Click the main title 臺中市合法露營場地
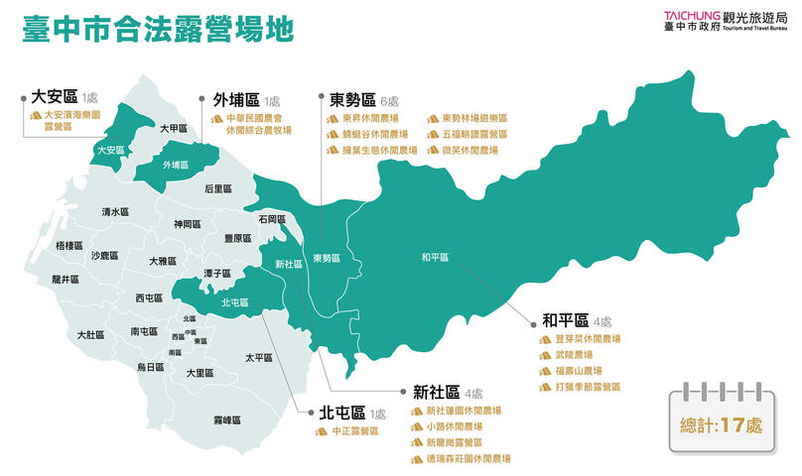click(158, 30)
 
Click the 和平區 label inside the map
click(435, 257)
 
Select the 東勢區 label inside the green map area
click(327, 259)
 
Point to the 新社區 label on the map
click(289, 265)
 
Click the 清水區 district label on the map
click(115, 212)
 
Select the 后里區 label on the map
click(217, 188)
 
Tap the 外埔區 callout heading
click(236, 99)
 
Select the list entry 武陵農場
click(574, 354)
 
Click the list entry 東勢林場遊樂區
click(473, 118)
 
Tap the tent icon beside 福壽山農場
click(545, 370)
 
